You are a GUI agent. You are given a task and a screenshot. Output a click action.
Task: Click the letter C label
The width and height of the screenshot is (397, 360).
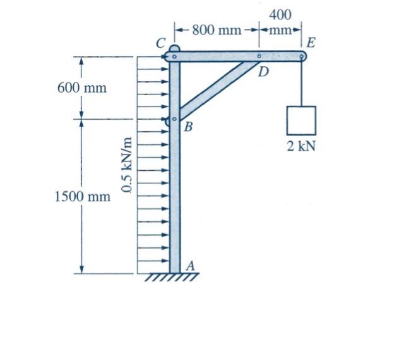[161, 43]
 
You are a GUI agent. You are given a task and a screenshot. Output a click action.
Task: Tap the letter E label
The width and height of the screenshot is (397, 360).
[311, 43]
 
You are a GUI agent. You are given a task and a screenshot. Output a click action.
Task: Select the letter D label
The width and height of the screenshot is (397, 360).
[263, 72]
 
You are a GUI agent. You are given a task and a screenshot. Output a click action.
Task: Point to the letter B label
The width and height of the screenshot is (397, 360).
[188, 127]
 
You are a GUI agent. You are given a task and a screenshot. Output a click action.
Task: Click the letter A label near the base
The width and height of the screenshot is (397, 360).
[191, 266]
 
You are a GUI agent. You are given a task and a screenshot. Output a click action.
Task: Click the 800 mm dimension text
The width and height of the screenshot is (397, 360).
[216, 30]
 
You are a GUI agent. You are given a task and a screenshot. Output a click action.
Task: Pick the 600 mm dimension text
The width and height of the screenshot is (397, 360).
[82, 88]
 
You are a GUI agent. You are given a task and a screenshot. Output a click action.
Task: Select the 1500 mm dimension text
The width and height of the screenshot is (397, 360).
[83, 197]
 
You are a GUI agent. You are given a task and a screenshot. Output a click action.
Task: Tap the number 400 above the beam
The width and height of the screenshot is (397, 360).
[280, 15]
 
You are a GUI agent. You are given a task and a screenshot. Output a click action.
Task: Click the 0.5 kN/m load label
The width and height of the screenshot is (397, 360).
[127, 165]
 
